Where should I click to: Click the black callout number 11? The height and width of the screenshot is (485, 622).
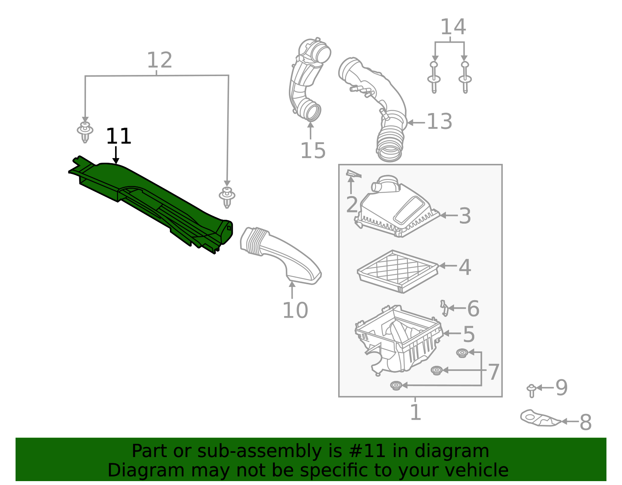119,137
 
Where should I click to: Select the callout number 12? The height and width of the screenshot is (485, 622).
159,61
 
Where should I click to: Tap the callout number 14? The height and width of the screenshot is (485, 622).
453,27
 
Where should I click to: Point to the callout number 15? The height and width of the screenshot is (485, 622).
313,151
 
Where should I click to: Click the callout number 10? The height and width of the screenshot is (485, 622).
295,311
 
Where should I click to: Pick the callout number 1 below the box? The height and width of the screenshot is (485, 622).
416,412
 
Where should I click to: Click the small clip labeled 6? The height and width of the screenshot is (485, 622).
444,308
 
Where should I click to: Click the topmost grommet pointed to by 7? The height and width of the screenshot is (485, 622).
462,353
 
